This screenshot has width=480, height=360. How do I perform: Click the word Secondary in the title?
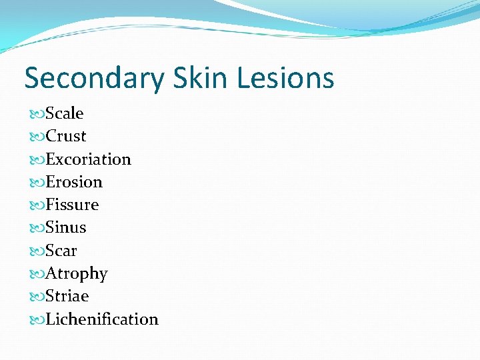click(93, 78)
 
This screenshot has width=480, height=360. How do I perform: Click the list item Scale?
click(65, 113)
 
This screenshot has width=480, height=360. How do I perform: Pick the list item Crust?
click(66, 136)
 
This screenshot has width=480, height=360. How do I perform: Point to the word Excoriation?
click(88, 159)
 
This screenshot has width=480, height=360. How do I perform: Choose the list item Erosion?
click(74, 182)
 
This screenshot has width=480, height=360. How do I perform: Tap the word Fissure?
click(72, 205)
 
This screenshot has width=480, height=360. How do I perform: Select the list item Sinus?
click(66, 227)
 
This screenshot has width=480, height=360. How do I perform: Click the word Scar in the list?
click(61, 251)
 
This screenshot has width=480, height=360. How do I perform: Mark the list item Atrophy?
click(76, 273)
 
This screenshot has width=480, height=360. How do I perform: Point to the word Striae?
click(67, 296)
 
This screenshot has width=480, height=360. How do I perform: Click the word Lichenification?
click(102, 319)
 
